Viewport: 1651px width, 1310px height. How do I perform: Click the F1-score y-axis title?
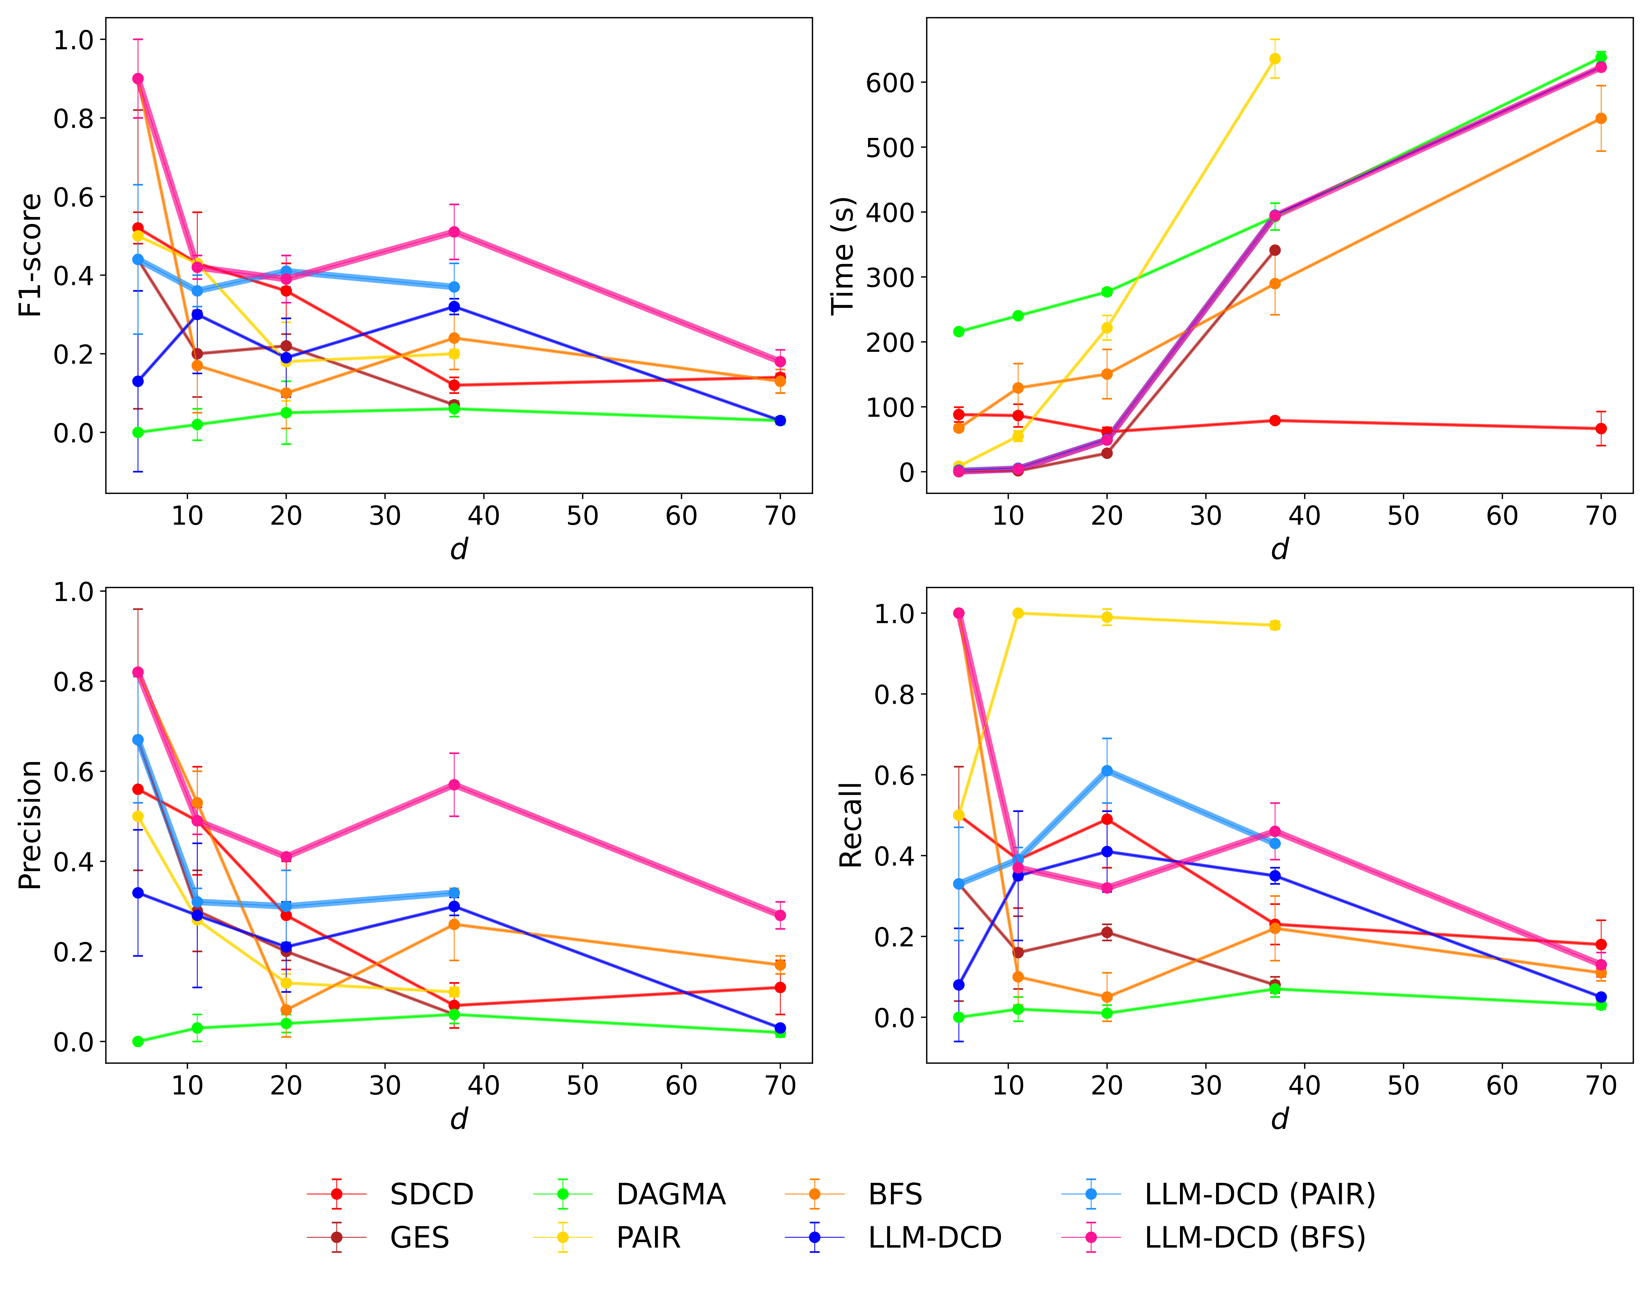[31, 255]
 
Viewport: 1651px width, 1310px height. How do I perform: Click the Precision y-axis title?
[31, 825]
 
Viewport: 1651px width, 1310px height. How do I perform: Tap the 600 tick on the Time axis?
[890, 83]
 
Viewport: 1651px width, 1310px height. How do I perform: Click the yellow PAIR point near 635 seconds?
[1275, 59]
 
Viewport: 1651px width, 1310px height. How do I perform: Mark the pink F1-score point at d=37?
[454, 232]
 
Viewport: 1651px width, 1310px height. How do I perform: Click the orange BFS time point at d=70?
[1601, 119]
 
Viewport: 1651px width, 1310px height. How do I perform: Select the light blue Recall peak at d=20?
[1107, 771]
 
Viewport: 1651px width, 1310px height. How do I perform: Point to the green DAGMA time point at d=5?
[959, 332]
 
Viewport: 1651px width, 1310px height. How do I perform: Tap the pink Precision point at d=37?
[454, 785]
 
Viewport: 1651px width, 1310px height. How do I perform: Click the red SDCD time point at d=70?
[1601, 429]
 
